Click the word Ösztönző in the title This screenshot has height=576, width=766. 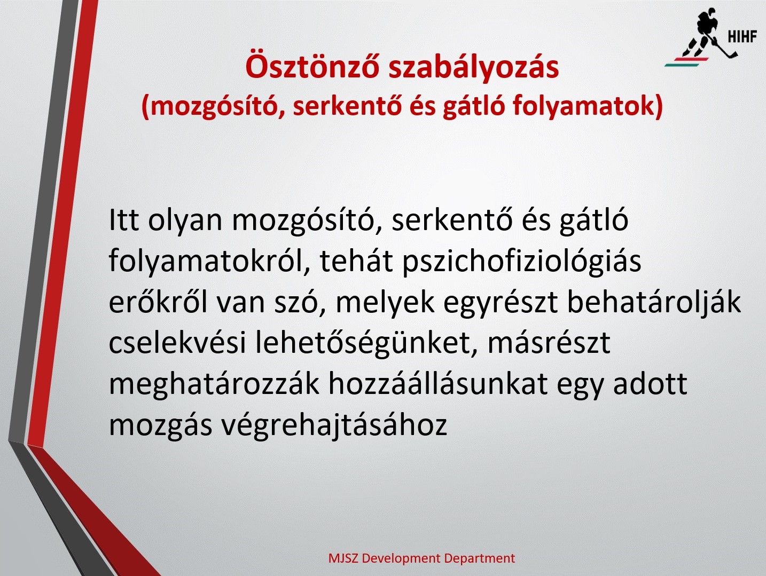[x=312, y=66]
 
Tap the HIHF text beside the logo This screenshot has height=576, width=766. [x=742, y=36]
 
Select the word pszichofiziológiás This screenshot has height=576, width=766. [x=522, y=261]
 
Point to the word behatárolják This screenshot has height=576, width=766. [x=654, y=303]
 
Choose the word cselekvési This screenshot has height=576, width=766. [x=178, y=343]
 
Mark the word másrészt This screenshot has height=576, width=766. [x=549, y=343]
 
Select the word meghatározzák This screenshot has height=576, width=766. [x=214, y=384]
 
